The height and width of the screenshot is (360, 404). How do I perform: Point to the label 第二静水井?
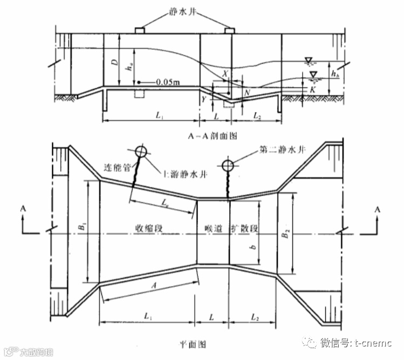pyautogui.click(x=282, y=149)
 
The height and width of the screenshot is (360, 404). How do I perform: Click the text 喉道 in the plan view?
pyautogui.click(x=213, y=229)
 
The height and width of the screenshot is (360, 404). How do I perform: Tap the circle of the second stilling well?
pyautogui.click(x=228, y=164)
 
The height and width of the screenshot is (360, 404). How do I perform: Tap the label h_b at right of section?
pyautogui.click(x=336, y=72)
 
